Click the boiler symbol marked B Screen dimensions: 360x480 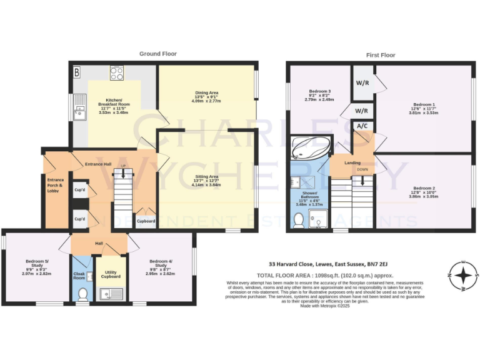point(77,72)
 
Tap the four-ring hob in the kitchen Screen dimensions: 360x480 point(117,72)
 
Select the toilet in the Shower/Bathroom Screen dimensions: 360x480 point(298,220)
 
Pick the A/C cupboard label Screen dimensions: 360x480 point(361,126)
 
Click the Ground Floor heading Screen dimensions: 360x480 point(157,54)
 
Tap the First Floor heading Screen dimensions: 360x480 point(381,55)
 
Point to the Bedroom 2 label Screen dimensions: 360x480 point(424,191)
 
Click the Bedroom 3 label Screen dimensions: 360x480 point(317,95)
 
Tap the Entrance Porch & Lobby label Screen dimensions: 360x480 point(56,186)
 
